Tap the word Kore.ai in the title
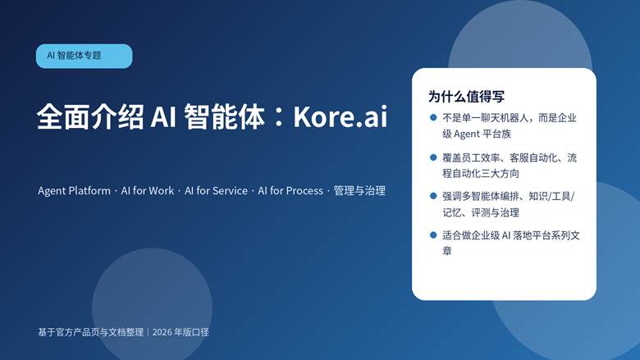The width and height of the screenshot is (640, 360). [x=341, y=116]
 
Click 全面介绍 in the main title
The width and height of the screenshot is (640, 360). [x=91, y=116]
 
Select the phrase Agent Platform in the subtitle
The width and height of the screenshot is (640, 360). [x=74, y=190]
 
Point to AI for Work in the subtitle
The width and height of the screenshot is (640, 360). [x=148, y=190]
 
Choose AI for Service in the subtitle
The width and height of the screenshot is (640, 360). [x=216, y=190]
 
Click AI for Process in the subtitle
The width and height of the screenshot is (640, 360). [x=290, y=190]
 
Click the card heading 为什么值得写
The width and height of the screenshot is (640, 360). [x=466, y=95]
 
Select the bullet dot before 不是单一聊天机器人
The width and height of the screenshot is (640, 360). [x=433, y=117]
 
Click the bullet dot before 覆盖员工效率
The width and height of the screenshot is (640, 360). [x=433, y=157]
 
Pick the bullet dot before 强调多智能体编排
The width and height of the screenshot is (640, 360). [x=433, y=196]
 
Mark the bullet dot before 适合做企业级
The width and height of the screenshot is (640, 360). [x=433, y=235]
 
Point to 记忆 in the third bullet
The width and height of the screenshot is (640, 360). [x=453, y=212]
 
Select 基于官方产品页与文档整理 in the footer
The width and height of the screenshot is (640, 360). [x=90, y=332]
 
